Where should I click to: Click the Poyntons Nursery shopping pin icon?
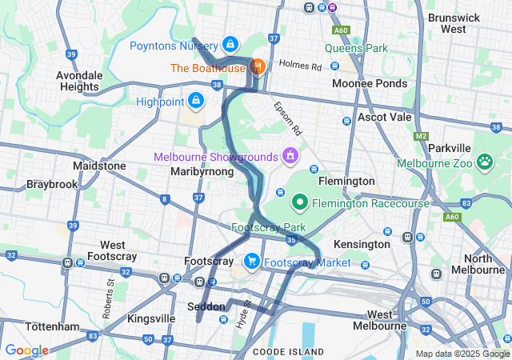coord(230,45)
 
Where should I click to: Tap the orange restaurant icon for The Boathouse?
coord(258,66)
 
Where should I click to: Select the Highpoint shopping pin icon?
coord(194,101)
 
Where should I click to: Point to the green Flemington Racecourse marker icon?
coord(300,202)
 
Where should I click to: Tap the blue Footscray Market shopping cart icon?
coord(251,261)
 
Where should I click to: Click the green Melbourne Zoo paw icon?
coord(485,163)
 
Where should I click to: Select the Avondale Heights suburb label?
coord(79,81)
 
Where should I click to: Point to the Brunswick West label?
coord(458,22)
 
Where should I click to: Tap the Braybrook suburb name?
coord(51,183)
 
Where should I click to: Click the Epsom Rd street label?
coord(286,117)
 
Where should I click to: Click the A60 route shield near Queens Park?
coord(342,29)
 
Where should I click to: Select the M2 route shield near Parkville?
coord(421,136)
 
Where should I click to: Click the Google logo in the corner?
coord(26,350)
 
